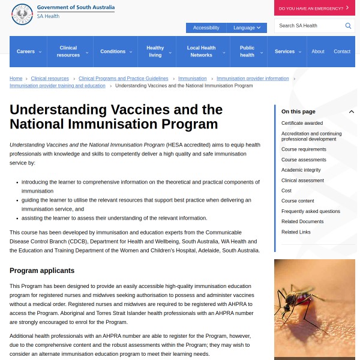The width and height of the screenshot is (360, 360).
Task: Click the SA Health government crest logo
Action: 22,14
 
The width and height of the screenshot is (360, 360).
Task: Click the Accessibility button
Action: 206,28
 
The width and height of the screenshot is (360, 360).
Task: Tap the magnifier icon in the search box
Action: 348,26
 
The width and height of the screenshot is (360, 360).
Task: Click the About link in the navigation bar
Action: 318,52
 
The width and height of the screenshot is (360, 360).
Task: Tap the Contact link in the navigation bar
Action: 342,52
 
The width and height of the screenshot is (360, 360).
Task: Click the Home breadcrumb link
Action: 16,79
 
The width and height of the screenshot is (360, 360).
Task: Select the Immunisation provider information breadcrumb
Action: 253,79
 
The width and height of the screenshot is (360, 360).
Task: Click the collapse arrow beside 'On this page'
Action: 352,112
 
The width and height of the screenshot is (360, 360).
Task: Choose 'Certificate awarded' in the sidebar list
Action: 302,123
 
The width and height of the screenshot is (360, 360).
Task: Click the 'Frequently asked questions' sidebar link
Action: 311,211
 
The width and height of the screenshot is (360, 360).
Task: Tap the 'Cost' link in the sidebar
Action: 286,190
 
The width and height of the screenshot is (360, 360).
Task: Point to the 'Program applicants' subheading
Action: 42,271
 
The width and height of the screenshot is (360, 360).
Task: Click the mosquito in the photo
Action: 303,300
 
